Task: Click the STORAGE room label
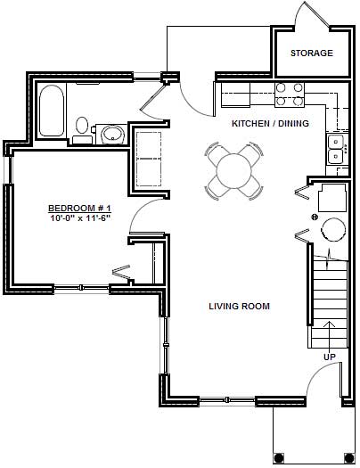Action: click(x=311, y=53)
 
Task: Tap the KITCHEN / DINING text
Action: click(x=270, y=124)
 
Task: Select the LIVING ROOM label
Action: click(x=239, y=307)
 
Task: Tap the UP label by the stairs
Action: click(x=329, y=357)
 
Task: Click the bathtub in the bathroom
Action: click(x=52, y=111)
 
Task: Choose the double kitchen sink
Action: click(x=337, y=148)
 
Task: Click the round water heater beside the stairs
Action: click(x=332, y=229)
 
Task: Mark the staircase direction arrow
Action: click(x=330, y=330)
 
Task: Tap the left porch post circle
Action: click(x=278, y=458)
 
